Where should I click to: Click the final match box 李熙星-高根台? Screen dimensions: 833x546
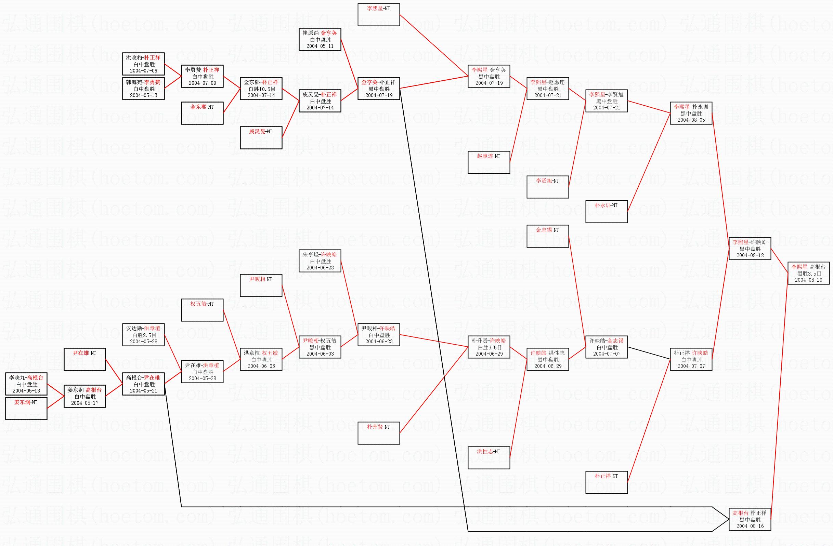(x=808, y=273)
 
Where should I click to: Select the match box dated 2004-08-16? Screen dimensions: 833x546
(x=750, y=519)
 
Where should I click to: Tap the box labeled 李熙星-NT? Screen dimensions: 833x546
(x=378, y=14)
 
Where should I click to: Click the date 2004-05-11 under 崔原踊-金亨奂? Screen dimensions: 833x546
(x=320, y=46)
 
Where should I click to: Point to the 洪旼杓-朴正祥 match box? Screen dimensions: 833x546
(x=143, y=64)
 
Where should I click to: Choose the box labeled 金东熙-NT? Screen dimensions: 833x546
(x=202, y=112)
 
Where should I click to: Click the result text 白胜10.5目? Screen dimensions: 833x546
(x=261, y=89)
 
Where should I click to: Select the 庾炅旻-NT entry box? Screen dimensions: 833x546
(x=261, y=137)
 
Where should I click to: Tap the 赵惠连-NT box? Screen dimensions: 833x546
(x=489, y=162)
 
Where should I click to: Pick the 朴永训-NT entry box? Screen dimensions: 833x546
(x=606, y=211)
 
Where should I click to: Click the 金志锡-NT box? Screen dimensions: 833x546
(x=547, y=236)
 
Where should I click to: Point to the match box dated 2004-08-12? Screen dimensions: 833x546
(x=750, y=248)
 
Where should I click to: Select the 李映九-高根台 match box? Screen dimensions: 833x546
(x=26, y=384)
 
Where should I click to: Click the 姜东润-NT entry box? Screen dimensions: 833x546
(x=26, y=408)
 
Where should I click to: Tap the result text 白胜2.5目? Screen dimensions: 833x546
(x=143, y=335)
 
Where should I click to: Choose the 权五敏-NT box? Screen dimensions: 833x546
(x=202, y=309)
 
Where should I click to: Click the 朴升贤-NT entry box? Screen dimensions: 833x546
(x=378, y=433)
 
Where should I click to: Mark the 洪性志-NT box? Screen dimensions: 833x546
(x=489, y=457)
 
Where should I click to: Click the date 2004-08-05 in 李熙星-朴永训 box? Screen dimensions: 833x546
(x=691, y=120)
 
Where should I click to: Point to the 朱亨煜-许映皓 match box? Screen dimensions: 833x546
(x=320, y=261)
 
